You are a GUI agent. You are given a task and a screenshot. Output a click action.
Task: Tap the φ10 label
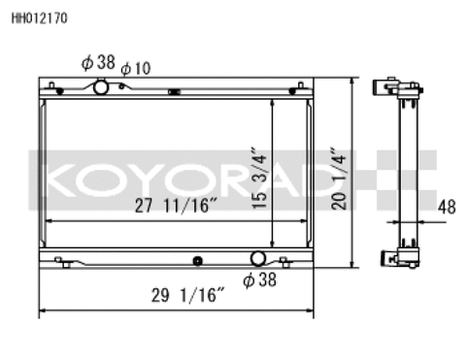pos(135,68)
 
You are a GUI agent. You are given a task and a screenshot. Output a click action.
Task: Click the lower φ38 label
pos(259,280)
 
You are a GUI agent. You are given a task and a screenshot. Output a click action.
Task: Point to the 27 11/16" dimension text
pos(175,206)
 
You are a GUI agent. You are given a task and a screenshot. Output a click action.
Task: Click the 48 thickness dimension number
pos(446,206)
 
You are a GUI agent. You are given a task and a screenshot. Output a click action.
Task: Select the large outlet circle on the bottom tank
pos(258,259)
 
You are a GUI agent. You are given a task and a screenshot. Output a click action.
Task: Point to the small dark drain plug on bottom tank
pos(198,260)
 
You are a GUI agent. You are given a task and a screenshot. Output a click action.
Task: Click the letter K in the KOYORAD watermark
pos(55,180)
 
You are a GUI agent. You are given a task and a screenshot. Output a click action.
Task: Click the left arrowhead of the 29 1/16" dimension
pos(43,312)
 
